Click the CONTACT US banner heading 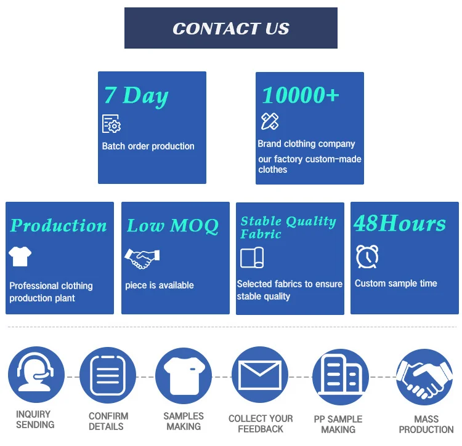[231, 28]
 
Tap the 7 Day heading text [136, 96]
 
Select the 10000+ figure [301, 95]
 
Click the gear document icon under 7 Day [111, 124]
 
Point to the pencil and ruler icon [270, 121]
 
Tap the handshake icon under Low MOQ [142, 258]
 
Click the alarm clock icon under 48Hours [367, 257]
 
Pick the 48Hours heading [400, 224]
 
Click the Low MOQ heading [172, 226]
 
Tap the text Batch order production [148, 146]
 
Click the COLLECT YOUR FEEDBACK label [261, 423]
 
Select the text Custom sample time [396, 284]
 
